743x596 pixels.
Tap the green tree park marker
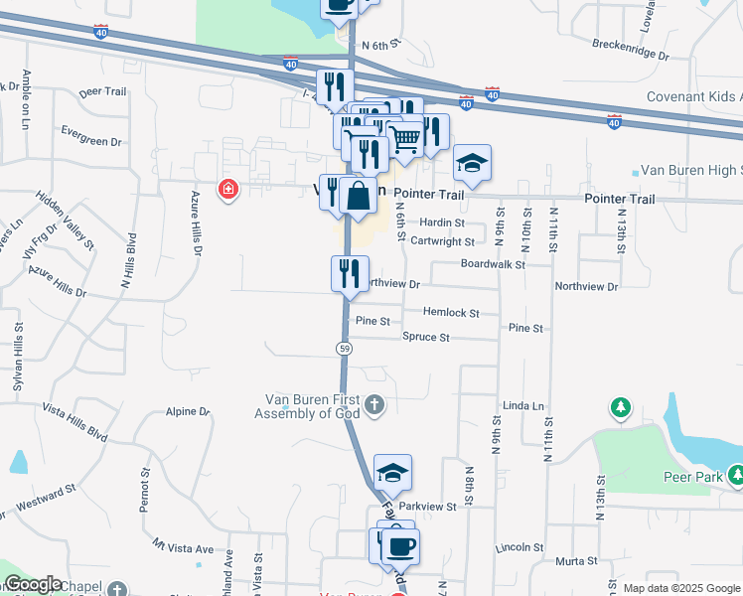click(x=621, y=407)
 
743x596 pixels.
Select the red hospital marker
click(x=229, y=189)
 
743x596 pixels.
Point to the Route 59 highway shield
click(x=344, y=348)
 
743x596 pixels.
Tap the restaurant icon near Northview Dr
click(x=350, y=272)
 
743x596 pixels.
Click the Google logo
click(x=33, y=584)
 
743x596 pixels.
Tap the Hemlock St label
click(x=451, y=313)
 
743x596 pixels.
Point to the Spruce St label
click(x=426, y=338)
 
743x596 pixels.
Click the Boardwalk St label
click(x=492, y=264)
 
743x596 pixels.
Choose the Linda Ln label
click(x=524, y=406)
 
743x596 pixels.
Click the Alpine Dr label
click(x=189, y=411)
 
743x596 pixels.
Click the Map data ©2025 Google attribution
click(x=680, y=588)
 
